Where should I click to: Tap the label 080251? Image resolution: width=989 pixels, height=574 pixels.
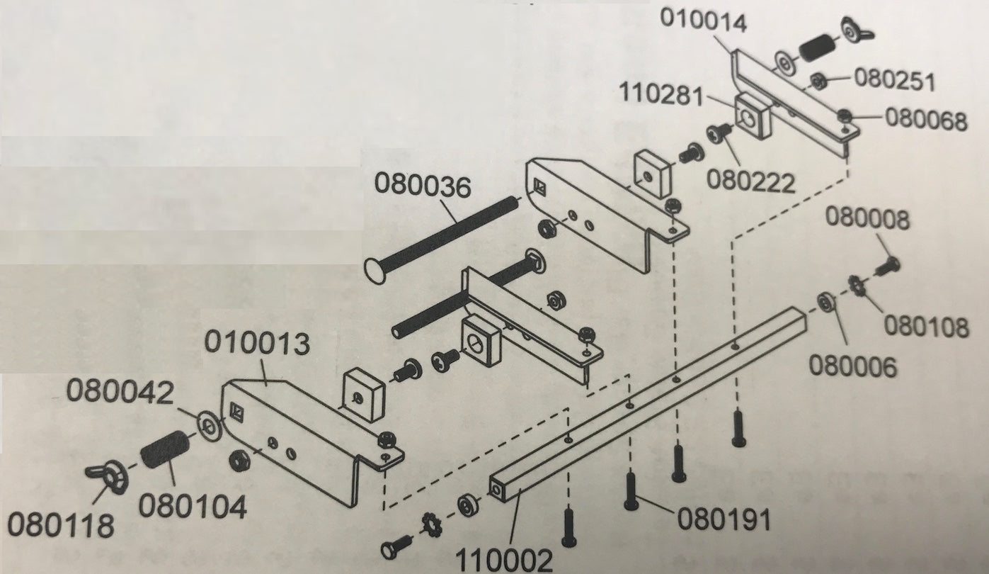click(895, 81)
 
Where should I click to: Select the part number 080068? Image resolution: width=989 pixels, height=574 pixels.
click(925, 120)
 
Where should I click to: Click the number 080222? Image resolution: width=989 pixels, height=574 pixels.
click(752, 181)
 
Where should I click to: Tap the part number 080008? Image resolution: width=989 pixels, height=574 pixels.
click(868, 220)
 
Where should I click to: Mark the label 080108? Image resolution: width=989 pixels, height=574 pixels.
click(926, 327)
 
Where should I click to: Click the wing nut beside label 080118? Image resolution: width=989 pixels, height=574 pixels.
click(106, 477)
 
